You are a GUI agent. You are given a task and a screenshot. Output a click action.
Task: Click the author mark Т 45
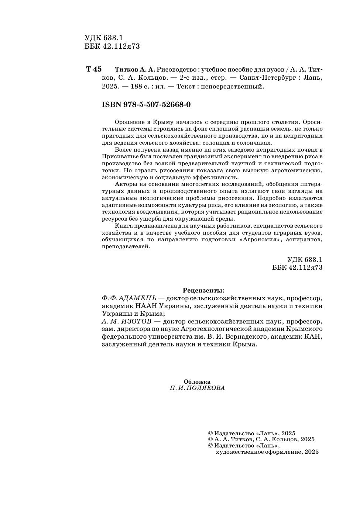coord(94,69)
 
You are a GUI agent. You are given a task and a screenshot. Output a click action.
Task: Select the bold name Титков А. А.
coord(135,69)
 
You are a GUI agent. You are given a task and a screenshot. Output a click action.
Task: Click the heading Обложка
coord(197,381)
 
